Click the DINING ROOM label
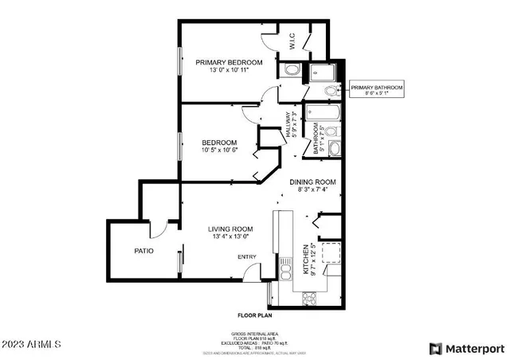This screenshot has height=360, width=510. (x=312, y=182)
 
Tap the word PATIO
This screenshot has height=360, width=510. (x=143, y=251)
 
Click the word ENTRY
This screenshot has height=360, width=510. (x=247, y=256)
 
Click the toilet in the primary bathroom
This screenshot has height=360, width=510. (x=292, y=71)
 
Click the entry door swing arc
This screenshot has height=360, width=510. (x=254, y=272)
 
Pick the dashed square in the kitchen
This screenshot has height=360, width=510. (x=329, y=253)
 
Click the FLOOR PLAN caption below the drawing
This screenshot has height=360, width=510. (x=255, y=315)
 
